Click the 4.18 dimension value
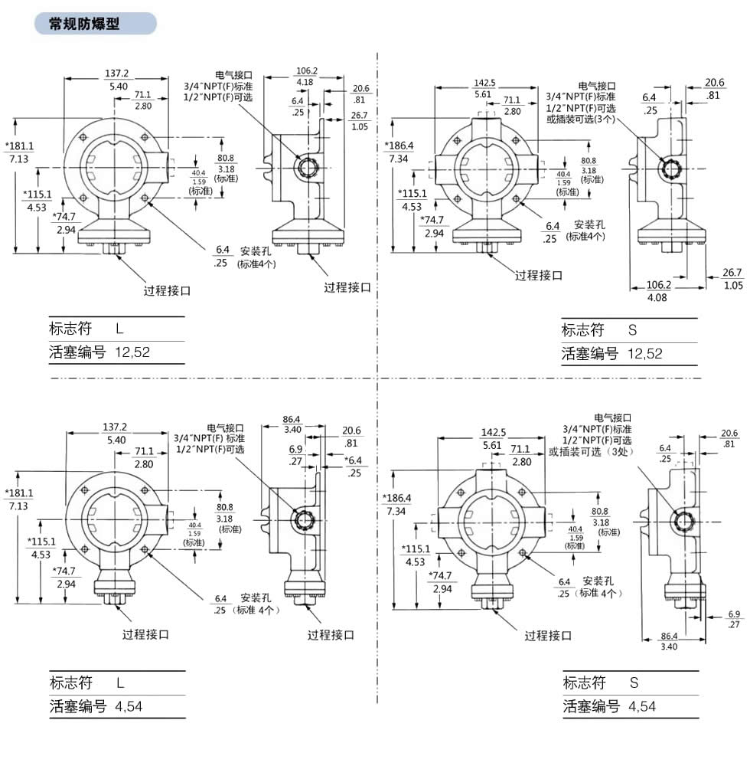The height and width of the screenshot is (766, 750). (305, 82)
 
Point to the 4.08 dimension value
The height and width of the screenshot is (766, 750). (657, 297)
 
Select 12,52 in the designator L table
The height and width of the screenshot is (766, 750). (132, 352)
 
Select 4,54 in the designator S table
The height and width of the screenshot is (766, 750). (642, 706)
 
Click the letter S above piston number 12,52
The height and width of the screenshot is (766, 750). (632, 330)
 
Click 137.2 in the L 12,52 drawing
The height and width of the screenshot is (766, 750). (116, 74)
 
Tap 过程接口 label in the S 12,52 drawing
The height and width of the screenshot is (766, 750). (538, 276)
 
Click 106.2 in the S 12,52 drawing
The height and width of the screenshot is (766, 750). (658, 285)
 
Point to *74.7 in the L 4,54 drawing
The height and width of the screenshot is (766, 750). (64, 571)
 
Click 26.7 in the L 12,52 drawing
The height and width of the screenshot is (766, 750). (359, 116)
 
